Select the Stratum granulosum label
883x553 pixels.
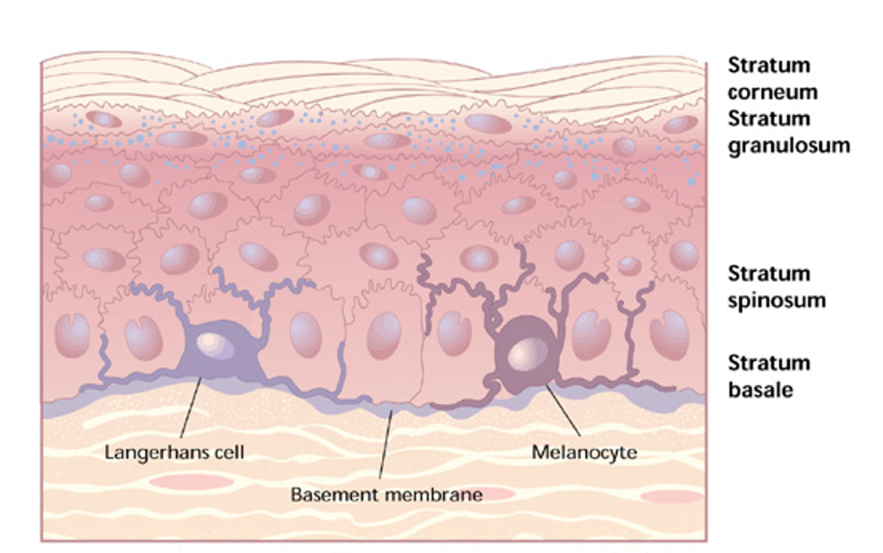(788, 132)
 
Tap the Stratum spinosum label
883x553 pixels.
(776, 286)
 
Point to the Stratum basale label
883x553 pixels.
(769, 376)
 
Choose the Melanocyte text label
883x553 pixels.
(584, 452)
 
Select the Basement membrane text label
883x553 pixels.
(387, 493)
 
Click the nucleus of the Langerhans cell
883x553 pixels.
(210, 341)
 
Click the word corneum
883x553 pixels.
(772, 92)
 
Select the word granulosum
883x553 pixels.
(788, 145)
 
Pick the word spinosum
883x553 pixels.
(776, 300)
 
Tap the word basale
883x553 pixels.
(761, 390)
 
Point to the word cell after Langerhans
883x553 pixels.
(228, 452)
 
